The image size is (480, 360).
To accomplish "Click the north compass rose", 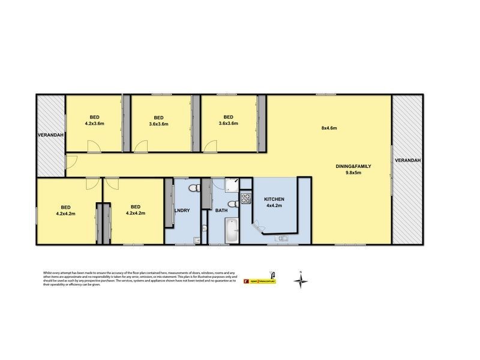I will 302,280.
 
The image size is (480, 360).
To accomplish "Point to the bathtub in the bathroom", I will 230,231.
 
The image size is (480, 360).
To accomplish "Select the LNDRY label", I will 182,211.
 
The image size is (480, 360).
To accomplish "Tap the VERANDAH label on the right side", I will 409,160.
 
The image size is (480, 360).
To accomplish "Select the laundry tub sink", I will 197,241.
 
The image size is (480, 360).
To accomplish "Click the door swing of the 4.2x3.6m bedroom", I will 93,145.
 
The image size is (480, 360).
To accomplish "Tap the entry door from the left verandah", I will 70,161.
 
